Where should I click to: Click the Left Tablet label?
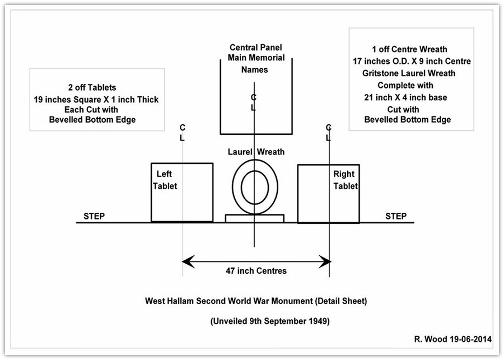pyautogui.click(x=165, y=180)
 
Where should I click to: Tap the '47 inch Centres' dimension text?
pyautogui.click(x=256, y=271)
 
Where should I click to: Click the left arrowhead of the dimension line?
pyautogui.click(x=188, y=260)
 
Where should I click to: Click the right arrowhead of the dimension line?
pyautogui.click(x=324, y=260)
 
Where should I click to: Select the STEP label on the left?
pyautogui.click(x=94, y=216)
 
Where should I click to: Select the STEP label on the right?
pyautogui.click(x=396, y=216)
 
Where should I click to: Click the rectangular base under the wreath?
pyautogui.click(x=255, y=218)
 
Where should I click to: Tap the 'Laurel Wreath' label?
pyautogui.click(x=256, y=152)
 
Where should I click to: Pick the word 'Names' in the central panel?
pyautogui.click(x=255, y=70)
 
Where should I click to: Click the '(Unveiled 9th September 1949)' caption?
pyautogui.click(x=255, y=321)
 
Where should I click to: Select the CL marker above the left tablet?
pyautogui.click(x=183, y=132)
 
